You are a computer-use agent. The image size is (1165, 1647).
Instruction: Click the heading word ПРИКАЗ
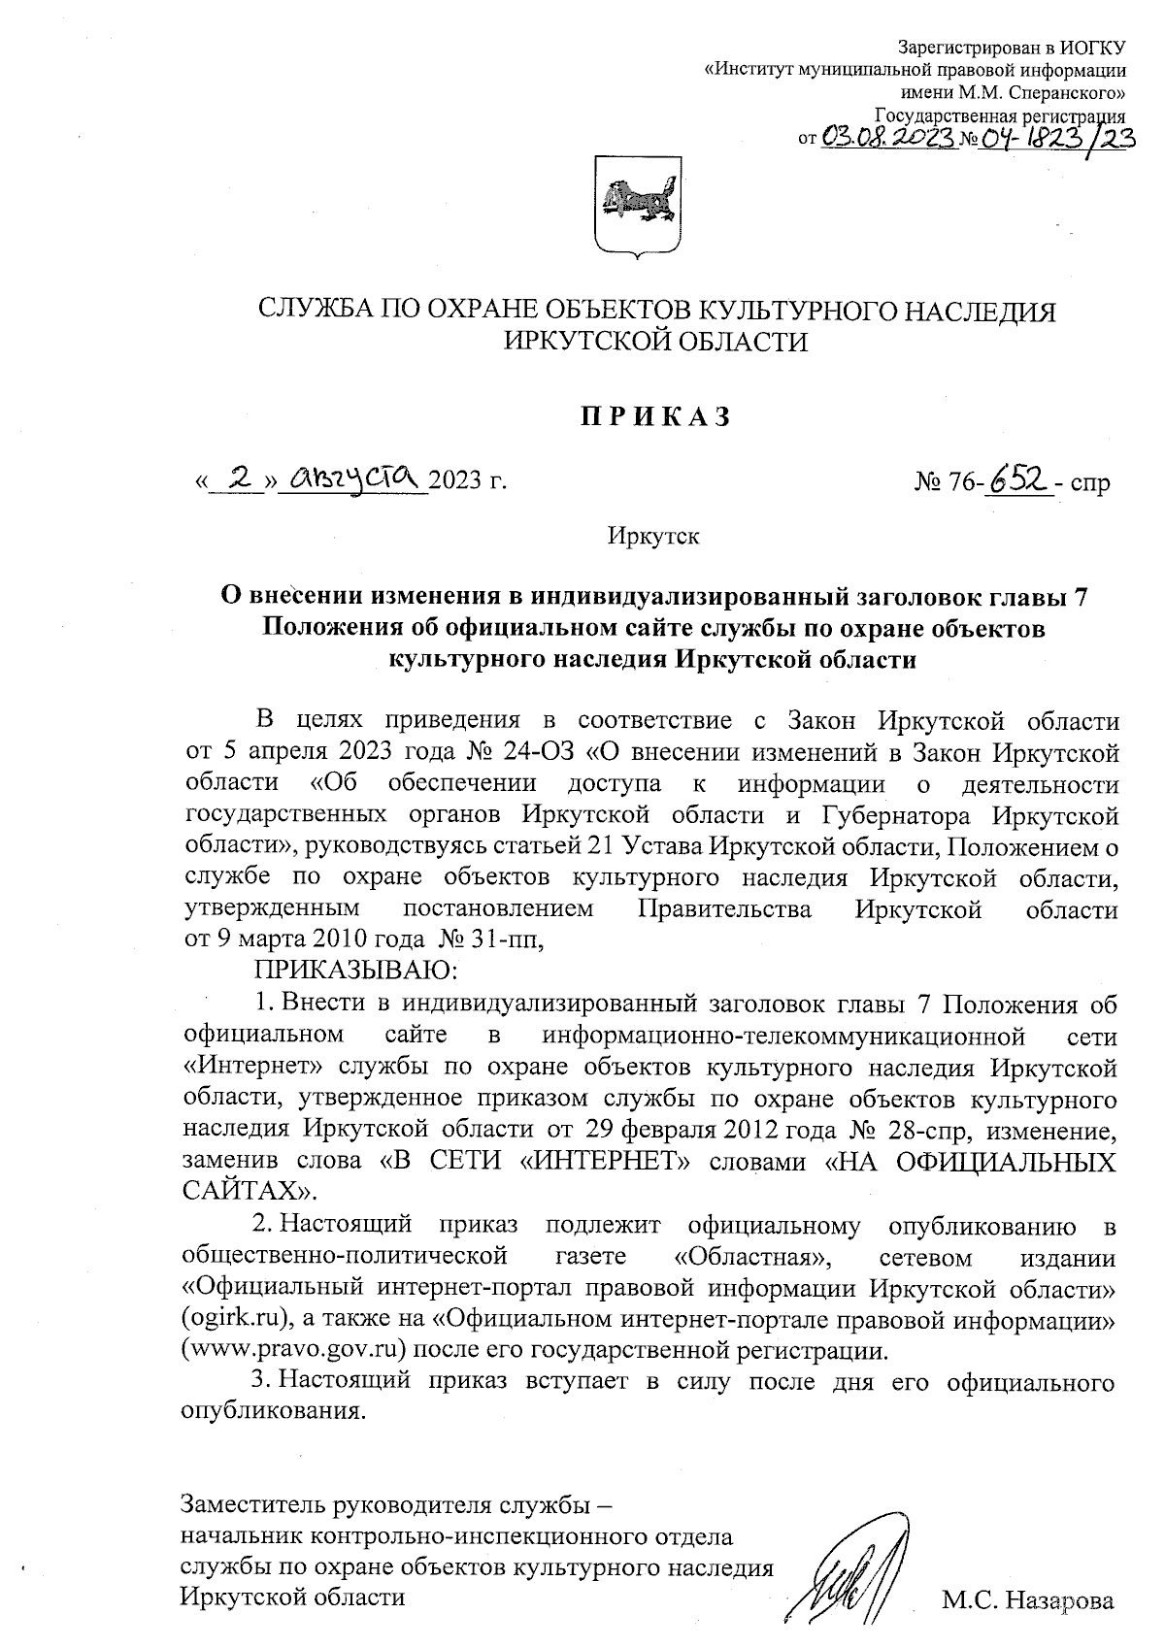pyautogui.click(x=654, y=417)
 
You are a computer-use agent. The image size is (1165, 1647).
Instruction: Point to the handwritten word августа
pyautogui.click(x=352, y=477)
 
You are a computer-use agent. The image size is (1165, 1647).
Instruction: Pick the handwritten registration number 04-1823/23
pyautogui.click(x=1056, y=138)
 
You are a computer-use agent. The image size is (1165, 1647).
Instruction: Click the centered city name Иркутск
pyautogui.click(x=653, y=535)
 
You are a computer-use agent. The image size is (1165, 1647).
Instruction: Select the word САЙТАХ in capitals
pyautogui.click(x=243, y=1190)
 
